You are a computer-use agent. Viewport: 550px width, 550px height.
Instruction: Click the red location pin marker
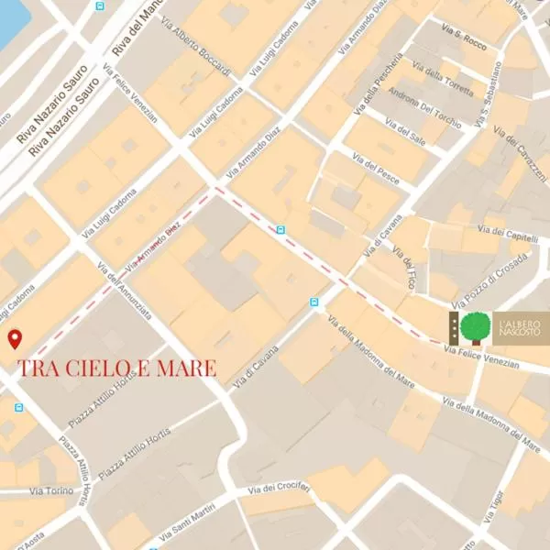tap(15, 340)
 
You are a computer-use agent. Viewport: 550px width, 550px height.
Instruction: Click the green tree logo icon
tap(475, 327)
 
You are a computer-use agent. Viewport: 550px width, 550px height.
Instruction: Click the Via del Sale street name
tap(405, 137)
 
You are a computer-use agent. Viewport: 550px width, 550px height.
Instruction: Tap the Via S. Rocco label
tap(463, 41)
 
